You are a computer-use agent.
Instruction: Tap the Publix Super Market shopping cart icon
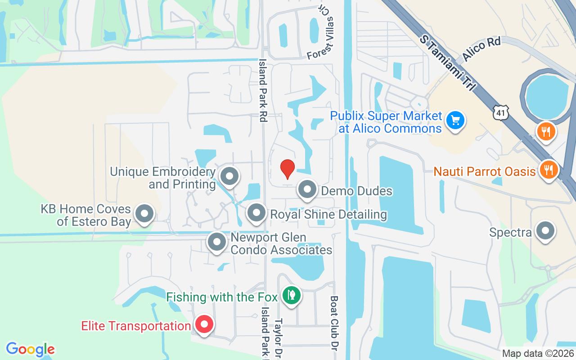click(455, 121)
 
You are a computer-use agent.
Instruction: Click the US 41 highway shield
click(500, 113)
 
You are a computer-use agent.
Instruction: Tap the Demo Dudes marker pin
click(308, 190)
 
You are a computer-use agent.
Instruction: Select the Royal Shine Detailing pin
click(256, 213)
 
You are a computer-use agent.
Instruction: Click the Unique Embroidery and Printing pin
click(230, 176)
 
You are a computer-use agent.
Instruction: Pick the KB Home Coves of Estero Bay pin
click(145, 214)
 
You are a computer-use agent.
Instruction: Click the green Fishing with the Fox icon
click(292, 296)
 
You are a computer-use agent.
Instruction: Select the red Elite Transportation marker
click(204, 324)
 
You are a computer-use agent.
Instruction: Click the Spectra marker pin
click(545, 231)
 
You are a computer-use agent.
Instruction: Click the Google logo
click(30, 349)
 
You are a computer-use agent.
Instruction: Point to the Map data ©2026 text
click(538, 354)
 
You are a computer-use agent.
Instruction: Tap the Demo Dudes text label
click(356, 191)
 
